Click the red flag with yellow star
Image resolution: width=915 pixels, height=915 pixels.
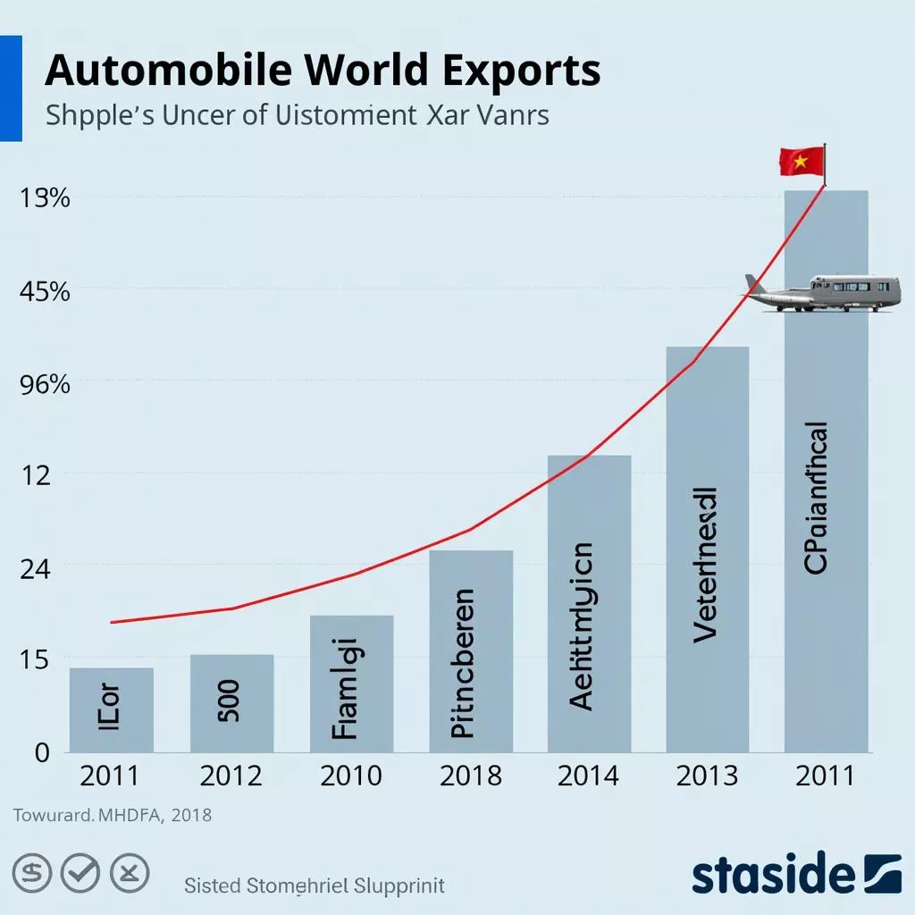[802, 162]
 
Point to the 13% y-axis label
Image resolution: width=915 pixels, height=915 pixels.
[44, 197]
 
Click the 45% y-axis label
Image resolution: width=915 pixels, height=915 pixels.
[44, 291]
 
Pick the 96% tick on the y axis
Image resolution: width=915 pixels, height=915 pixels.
[44, 385]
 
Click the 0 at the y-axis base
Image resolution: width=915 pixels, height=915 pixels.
[41, 752]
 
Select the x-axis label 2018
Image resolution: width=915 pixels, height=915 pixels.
[470, 776]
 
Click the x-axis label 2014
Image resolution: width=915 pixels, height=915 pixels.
[588, 776]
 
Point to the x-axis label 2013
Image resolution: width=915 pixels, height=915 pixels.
[707, 776]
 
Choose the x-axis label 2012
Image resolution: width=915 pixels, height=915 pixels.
[231, 776]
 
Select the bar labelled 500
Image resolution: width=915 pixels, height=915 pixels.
[231, 702]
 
